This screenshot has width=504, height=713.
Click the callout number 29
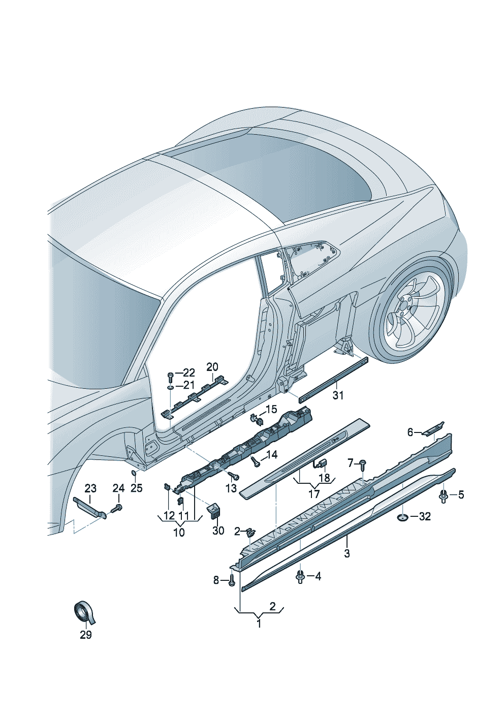(x=85, y=635)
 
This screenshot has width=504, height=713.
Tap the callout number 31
(x=338, y=395)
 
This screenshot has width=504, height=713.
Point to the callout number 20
(x=212, y=367)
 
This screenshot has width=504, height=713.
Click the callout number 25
(x=136, y=488)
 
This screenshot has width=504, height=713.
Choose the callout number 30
(x=218, y=531)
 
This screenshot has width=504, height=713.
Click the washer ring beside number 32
(x=402, y=517)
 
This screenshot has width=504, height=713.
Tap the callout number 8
(x=216, y=580)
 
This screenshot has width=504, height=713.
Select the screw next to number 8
(x=232, y=580)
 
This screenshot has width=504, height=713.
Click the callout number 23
(x=90, y=488)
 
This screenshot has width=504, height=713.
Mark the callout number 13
(x=231, y=488)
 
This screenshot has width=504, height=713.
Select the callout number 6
(x=411, y=432)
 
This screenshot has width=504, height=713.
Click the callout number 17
(x=314, y=493)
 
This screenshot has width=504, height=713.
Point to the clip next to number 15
(x=258, y=419)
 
